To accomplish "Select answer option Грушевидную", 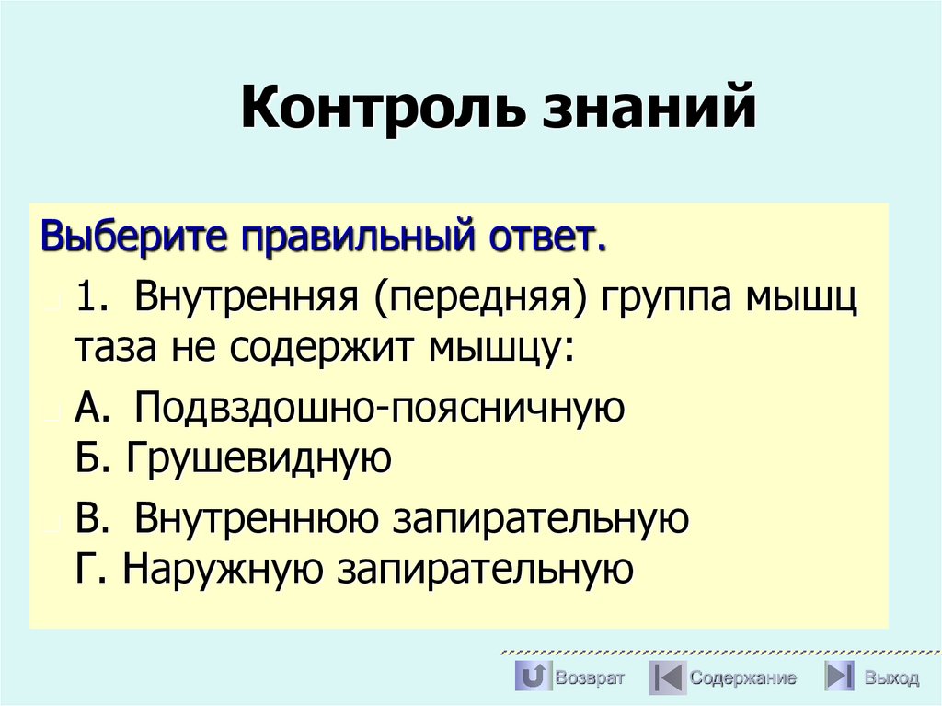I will pyautogui.click(x=259, y=457).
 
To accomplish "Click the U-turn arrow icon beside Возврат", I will pyautogui.click(x=532, y=677).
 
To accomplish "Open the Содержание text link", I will pyautogui.click(x=743, y=678).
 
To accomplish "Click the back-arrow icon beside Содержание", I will pyautogui.click(x=668, y=677).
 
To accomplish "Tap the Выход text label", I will pyautogui.click(x=890, y=678).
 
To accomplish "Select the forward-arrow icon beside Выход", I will pyautogui.click(x=839, y=677).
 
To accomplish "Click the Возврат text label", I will pyautogui.click(x=590, y=678).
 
